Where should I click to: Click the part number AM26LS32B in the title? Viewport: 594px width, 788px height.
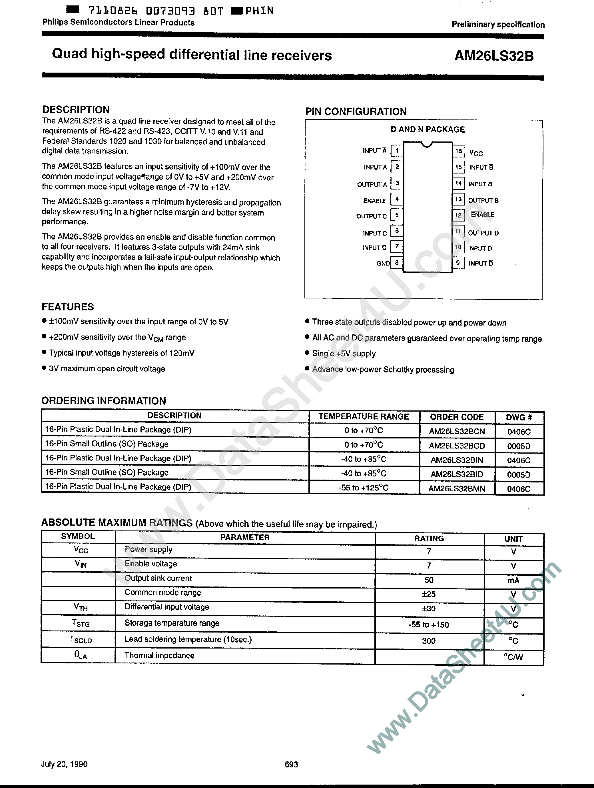tap(494, 56)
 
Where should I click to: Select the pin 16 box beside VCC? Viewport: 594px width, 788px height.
tap(458, 151)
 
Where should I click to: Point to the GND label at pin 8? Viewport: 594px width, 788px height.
tap(383, 263)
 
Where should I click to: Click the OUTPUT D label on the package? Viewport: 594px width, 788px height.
tap(483, 233)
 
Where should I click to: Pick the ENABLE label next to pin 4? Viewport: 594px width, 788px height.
tap(375, 201)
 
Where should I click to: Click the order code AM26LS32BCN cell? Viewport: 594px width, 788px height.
tap(457, 431)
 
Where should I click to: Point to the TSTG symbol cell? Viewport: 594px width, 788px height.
tap(81, 623)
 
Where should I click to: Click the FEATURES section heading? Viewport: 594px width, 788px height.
tap(68, 307)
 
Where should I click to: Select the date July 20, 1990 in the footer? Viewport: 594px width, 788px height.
tap(64, 764)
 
